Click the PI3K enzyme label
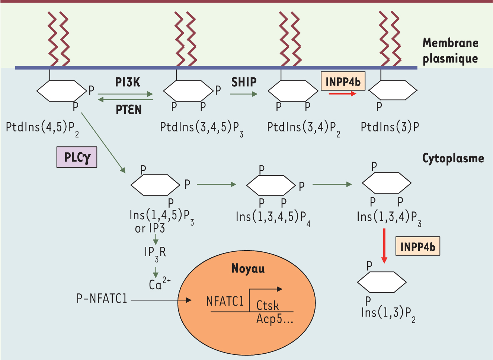(x=128, y=82)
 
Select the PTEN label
(x=129, y=110)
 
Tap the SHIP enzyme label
(x=244, y=82)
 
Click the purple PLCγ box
(x=77, y=157)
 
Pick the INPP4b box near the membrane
(x=343, y=82)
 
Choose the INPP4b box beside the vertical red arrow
(x=417, y=246)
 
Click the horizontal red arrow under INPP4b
(x=342, y=94)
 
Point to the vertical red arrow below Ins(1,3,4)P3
(x=384, y=246)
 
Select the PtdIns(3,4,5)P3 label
(x=201, y=128)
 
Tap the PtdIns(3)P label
(x=390, y=127)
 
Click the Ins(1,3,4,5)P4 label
(x=273, y=217)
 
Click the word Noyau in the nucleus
(x=248, y=268)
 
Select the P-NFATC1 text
(x=102, y=299)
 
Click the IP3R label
(x=155, y=253)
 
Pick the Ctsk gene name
(x=268, y=306)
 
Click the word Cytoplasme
(x=453, y=159)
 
